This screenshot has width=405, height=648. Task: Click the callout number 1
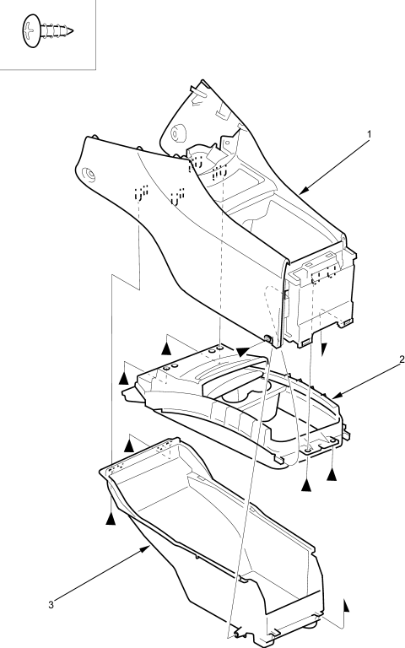pyautogui.click(x=369, y=134)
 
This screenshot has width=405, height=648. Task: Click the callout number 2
pyautogui.click(x=402, y=359)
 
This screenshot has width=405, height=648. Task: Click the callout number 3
pyautogui.click(x=51, y=605)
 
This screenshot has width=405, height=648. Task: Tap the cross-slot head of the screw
pyautogui.click(x=31, y=30)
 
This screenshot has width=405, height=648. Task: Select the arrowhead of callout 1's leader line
pyautogui.click(x=303, y=190)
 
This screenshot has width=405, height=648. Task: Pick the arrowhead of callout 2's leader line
pyautogui.click(x=337, y=396)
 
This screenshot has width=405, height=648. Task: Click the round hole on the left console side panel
pyautogui.click(x=89, y=175)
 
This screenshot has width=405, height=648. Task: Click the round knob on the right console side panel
pyautogui.click(x=179, y=132)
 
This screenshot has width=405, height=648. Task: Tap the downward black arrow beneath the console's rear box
pyautogui.click(x=324, y=349)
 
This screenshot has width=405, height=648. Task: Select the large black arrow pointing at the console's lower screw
pyautogui.click(x=243, y=351)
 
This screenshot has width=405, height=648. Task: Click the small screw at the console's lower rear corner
pyautogui.click(x=267, y=340)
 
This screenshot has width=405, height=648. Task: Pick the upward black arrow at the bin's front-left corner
pyautogui.click(x=111, y=518)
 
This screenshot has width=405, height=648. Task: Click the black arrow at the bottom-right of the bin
pyautogui.click(x=346, y=606)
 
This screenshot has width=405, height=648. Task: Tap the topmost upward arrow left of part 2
pyautogui.click(x=166, y=348)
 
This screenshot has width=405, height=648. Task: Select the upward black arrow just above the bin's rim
pyautogui.click(x=129, y=445)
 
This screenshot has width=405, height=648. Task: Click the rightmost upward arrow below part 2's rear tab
pyautogui.click(x=332, y=474)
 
